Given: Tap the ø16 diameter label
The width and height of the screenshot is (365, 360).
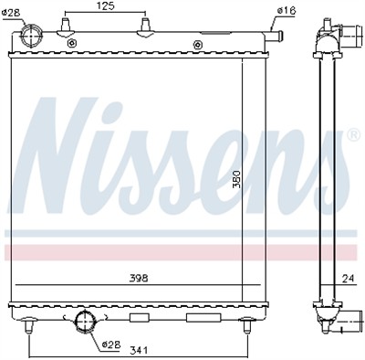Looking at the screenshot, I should coord(286,10).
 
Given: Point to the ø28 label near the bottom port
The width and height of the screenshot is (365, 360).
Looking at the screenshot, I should coord(110,344).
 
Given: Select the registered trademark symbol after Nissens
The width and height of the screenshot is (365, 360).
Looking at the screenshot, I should coord(352,133).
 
